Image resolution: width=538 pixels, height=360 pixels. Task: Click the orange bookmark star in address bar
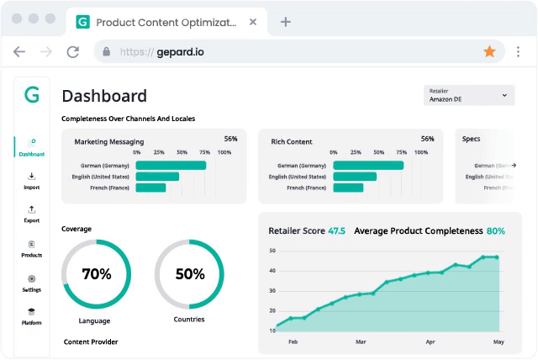pos(489,51)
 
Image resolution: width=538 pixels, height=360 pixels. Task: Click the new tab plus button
pos(286,22)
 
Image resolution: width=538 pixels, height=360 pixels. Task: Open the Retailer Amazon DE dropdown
pos(471,96)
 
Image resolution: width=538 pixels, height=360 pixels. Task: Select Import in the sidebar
pos(32,181)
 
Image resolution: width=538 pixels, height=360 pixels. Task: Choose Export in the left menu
pos(32,214)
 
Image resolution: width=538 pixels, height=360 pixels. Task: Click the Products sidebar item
pos(32,248)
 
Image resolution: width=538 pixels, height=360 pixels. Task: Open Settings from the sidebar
pos(32,283)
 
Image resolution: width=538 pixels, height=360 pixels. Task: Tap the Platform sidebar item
pos(32,316)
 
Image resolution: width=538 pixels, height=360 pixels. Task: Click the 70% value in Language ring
pos(96,273)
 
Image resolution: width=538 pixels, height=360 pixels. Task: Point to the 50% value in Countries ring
pos(189,273)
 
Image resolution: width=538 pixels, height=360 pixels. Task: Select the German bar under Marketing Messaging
pos(171,166)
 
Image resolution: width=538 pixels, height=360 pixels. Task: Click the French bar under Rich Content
pos(348,188)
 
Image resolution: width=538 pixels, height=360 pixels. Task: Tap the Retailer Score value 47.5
pos(336,230)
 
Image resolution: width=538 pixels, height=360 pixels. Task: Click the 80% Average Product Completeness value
pos(495,230)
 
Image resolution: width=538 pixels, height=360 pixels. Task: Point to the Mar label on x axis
pos(361,342)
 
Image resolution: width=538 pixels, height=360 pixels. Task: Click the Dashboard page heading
pos(104,96)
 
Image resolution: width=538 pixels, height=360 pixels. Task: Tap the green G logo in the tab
pos(82,22)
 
